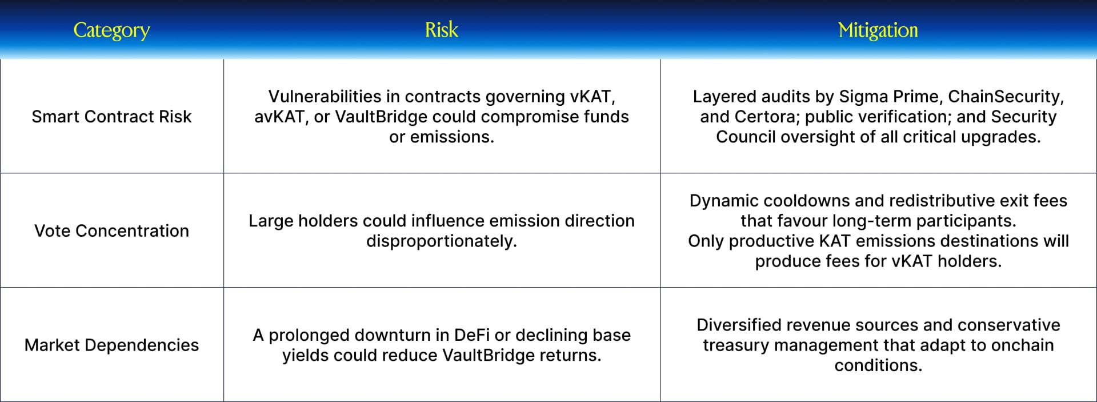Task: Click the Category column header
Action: click(x=111, y=30)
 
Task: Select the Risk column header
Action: click(x=442, y=30)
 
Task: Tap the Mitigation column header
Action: click(x=878, y=30)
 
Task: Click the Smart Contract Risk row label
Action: click(x=111, y=117)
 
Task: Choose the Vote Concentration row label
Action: click(x=111, y=230)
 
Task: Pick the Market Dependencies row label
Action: click(x=111, y=345)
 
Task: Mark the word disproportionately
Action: click(x=442, y=241)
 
